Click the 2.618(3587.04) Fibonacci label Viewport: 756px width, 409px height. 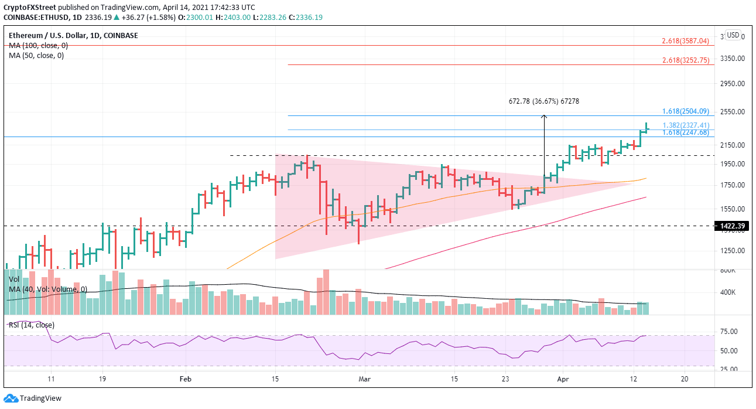click(x=685, y=41)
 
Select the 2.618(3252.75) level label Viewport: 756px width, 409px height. click(x=685, y=60)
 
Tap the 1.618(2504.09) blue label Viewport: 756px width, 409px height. click(x=685, y=111)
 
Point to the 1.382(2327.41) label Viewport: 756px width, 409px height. click(x=685, y=125)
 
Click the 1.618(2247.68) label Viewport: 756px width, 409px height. click(x=685, y=133)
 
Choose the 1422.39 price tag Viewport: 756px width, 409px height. click(x=732, y=226)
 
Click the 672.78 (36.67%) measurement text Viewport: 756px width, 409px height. click(x=543, y=101)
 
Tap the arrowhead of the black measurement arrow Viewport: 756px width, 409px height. click(x=543, y=117)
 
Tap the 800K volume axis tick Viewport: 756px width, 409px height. click(x=728, y=271)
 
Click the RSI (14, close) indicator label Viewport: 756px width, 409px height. click(x=31, y=325)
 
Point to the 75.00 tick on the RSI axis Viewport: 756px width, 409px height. click(x=728, y=332)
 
